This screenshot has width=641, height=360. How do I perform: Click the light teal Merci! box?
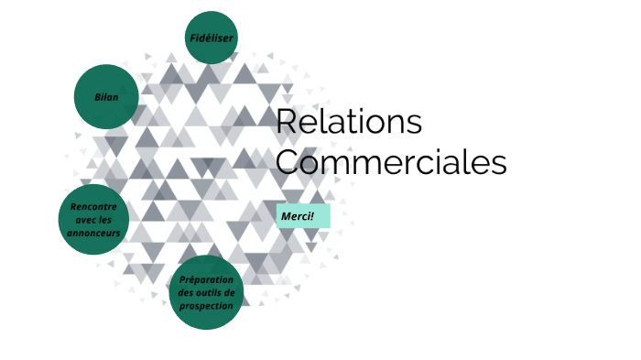[x=302, y=216]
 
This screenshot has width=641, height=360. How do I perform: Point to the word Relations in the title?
[x=349, y=121]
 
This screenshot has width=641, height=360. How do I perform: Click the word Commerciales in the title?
[x=391, y=162]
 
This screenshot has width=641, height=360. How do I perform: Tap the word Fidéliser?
[x=212, y=38]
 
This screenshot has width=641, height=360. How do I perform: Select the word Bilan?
[x=106, y=96]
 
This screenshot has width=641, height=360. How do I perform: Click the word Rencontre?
[x=93, y=207]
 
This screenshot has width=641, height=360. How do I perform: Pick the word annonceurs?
[x=93, y=233]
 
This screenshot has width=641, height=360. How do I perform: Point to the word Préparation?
[x=206, y=279]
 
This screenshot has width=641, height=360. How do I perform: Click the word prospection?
[x=206, y=305]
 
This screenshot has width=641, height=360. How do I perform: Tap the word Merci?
[x=298, y=216]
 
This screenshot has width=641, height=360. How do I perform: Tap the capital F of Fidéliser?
[x=193, y=38]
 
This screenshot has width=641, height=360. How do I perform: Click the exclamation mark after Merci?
[x=312, y=216]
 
